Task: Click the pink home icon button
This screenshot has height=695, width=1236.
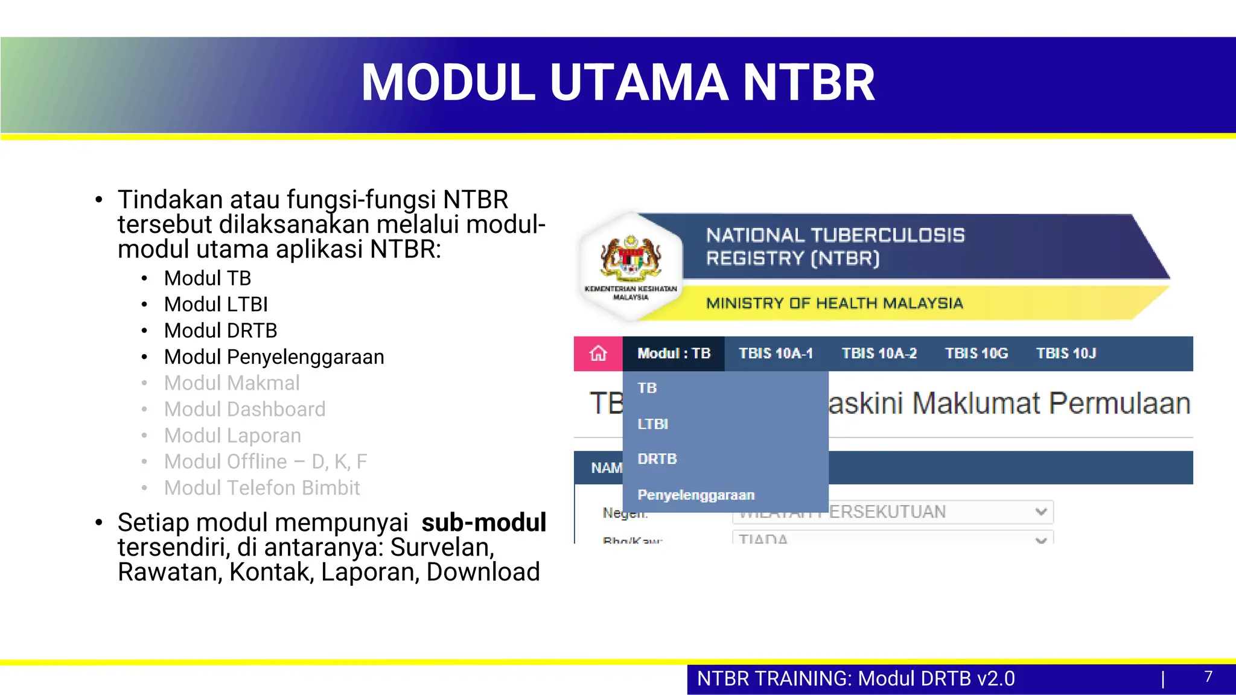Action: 598,354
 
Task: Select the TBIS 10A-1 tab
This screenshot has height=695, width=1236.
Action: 776,354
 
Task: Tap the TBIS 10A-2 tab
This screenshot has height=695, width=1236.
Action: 879,354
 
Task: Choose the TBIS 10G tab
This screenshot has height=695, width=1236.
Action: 976,354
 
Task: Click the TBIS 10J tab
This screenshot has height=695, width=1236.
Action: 1066,354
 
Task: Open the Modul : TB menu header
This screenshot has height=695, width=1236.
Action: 674,354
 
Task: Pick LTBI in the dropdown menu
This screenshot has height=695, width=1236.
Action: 652,424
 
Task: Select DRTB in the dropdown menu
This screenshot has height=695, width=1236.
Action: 657,459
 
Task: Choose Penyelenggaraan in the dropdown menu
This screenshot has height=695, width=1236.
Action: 696,495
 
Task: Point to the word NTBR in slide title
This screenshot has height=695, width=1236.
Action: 808,83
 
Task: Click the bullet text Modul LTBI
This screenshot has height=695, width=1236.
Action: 215,304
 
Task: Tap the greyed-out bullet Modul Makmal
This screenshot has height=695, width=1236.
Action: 232,383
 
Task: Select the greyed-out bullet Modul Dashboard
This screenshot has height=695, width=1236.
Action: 244,409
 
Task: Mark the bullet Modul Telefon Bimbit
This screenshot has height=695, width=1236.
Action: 261,487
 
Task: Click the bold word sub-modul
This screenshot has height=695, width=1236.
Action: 483,522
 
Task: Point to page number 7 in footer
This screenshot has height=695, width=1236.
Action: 1208,677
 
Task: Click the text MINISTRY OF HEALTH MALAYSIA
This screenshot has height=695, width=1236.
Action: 834,303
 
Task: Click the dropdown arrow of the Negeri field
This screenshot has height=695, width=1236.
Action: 1040,512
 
